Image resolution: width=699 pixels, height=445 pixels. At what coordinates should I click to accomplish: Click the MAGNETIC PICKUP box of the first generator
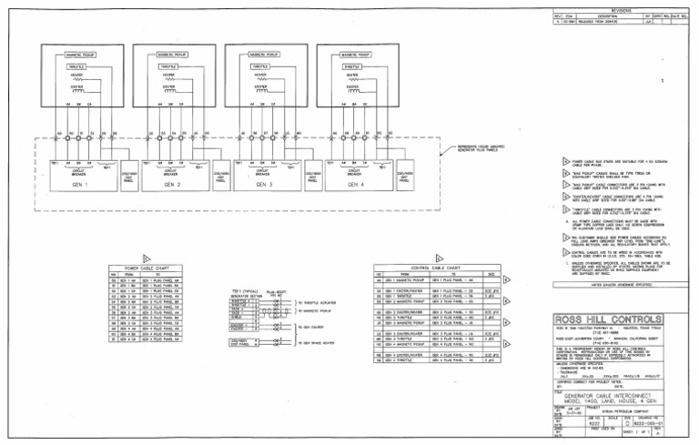[x=76, y=56]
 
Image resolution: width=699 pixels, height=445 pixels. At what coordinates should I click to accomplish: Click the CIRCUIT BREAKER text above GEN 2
[x=168, y=170]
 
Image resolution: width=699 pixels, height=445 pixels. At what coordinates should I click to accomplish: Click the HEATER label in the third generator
[x=258, y=77]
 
